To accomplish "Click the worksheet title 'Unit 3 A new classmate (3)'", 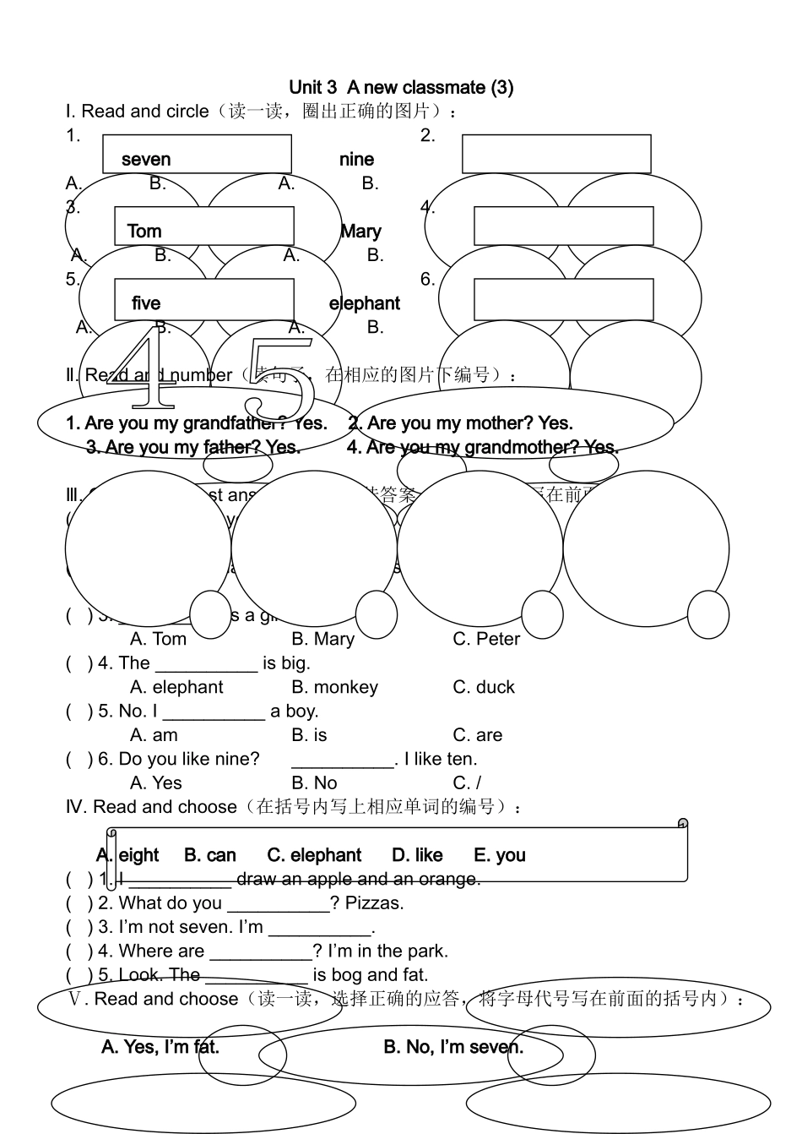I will [x=401, y=87].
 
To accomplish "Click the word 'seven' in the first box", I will [x=146, y=159].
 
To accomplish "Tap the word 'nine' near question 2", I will [x=356, y=159].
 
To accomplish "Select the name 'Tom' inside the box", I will [x=144, y=231].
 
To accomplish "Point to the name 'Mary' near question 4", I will [x=361, y=231].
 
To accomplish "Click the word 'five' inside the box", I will [x=146, y=303].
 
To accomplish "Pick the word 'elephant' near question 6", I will [x=365, y=303].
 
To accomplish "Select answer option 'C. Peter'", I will [x=486, y=639].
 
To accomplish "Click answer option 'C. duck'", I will [x=484, y=687].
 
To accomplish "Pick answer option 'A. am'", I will [x=154, y=735].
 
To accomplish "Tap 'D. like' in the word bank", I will [x=417, y=855].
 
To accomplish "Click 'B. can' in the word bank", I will [x=210, y=855].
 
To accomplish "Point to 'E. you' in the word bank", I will [x=500, y=855].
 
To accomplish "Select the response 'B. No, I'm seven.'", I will [x=453, y=1047].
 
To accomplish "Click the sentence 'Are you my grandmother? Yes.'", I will [x=491, y=446].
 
